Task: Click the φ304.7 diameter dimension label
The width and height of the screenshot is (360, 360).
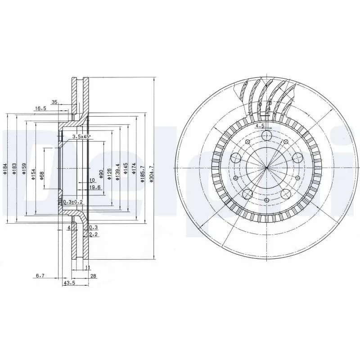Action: coord(152,174)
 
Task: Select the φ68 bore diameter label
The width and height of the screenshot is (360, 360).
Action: coord(41,175)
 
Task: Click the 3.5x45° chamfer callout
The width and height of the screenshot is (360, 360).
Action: coord(81,136)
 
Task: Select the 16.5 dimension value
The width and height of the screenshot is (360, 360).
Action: coord(40,108)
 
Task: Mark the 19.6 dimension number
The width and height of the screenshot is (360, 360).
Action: coord(94,188)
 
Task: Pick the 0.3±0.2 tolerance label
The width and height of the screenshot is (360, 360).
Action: coord(72,202)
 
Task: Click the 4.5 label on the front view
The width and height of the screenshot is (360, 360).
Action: coord(259,126)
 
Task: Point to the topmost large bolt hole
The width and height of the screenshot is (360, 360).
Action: coord(267,136)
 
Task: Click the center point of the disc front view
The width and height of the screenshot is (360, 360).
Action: coord(266,168)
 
